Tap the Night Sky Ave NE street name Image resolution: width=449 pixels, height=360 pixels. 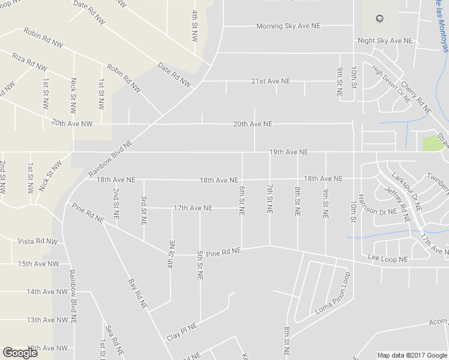385,41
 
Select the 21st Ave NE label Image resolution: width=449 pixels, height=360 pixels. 270,81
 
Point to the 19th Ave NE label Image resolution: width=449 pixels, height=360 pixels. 289,152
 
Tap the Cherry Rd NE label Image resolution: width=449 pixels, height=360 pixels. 416,97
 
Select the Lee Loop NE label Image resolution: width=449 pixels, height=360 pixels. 388,259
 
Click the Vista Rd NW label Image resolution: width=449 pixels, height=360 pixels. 37,242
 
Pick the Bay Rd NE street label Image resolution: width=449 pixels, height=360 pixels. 137,293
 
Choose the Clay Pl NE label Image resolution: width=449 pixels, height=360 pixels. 182,331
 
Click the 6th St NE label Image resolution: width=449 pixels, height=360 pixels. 242,200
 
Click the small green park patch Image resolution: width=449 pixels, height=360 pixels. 430,144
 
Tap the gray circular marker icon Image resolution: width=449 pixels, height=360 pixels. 379,19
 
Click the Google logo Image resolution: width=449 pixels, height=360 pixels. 20,353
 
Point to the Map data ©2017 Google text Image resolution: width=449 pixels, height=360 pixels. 412,355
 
